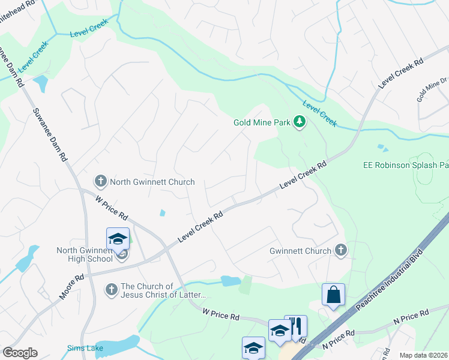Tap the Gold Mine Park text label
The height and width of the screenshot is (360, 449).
[262, 123]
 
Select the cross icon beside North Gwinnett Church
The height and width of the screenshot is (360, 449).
[101, 181]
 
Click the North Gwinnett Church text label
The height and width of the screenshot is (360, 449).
[152, 182]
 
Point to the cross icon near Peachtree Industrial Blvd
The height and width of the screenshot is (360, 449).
[341, 251]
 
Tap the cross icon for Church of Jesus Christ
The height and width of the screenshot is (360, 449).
[110, 290]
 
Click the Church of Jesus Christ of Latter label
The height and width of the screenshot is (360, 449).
[163, 290]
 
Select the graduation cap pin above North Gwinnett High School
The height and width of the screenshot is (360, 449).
[118, 239]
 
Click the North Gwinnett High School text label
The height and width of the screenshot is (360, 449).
[84, 254]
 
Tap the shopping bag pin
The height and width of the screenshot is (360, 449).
[333, 295]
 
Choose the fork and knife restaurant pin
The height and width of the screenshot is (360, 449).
[295, 326]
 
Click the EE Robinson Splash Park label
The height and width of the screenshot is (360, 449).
[406, 165]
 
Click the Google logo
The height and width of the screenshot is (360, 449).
[20, 353]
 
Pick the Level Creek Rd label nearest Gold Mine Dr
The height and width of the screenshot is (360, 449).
[402, 74]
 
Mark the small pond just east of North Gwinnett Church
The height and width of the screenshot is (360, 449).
[162, 212]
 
